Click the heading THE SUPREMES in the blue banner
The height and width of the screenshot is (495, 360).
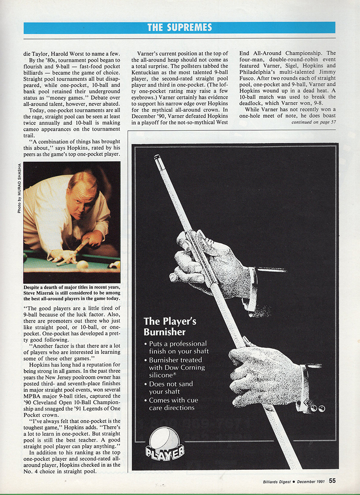tap(179, 27)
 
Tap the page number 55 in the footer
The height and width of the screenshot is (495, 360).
tap(332, 481)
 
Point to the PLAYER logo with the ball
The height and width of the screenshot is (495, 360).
tap(164, 445)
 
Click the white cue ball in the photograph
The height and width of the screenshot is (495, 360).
tap(82, 265)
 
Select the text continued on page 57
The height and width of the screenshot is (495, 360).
tap(313, 122)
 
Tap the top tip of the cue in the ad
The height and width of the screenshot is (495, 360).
tap(157, 157)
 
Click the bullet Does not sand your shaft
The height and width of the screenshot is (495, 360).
tap(171, 388)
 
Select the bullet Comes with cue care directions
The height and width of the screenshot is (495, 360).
tap(173, 404)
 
